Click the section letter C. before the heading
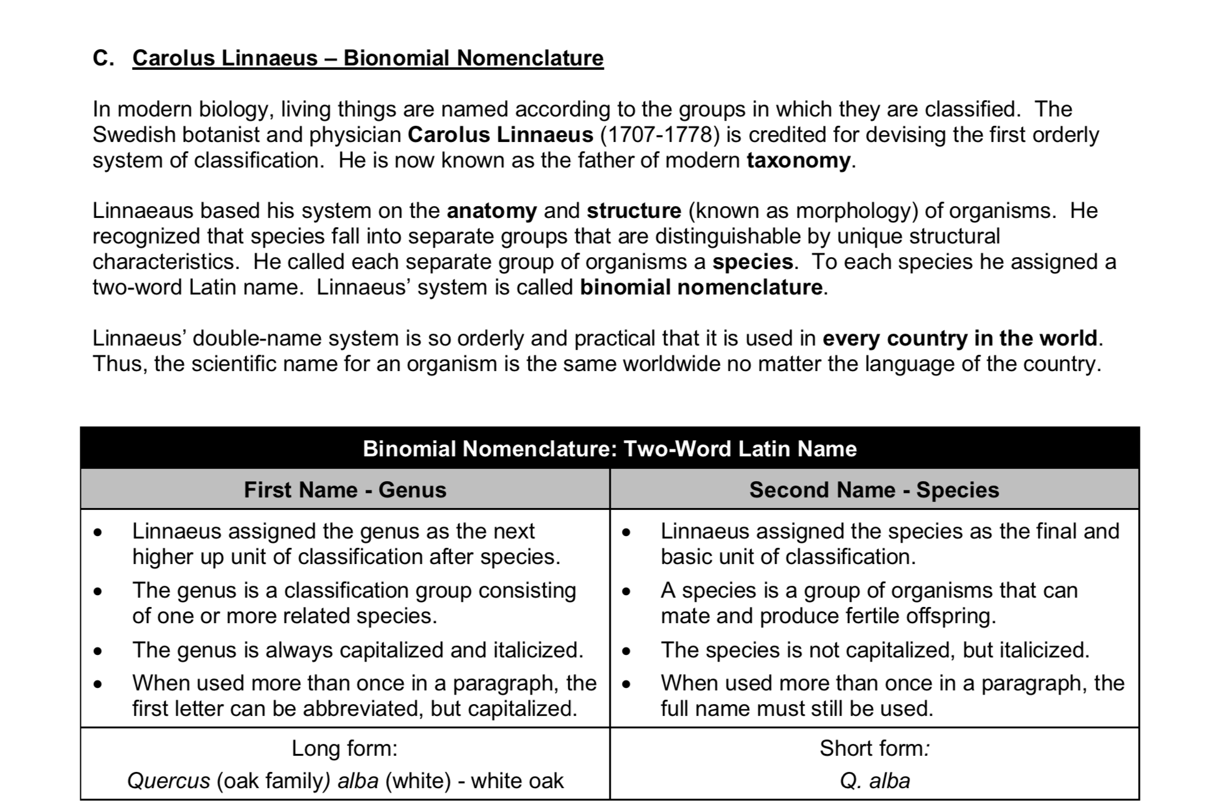coord(103,58)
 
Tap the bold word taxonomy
coord(798,161)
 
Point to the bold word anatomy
coord(491,211)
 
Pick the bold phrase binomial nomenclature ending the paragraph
coord(701,288)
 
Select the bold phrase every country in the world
coord(959,338)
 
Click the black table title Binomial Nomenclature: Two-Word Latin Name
coord(609,449)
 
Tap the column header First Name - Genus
coord(345,490)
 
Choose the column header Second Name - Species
coord(874,490)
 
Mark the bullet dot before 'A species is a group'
coord(626,591)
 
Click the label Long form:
coord(344,748)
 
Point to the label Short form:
coord(874,748)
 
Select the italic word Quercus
coord(169,781)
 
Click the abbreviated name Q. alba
coord(874,781)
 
